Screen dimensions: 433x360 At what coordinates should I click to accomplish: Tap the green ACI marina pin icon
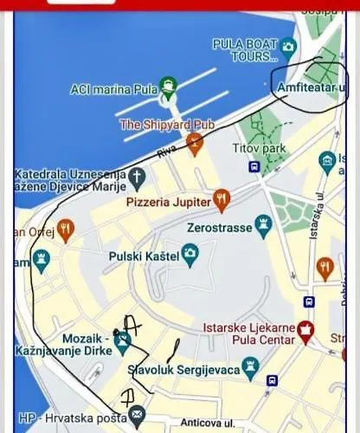[x=168, y=85]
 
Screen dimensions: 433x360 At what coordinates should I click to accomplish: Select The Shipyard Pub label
[x=166, y=125]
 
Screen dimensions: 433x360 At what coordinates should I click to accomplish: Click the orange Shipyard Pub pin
[x=195, y=140]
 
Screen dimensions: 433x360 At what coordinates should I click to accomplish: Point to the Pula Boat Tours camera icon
[x=288, y=46]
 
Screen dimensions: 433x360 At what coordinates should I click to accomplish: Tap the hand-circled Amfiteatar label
[x=310, y=88]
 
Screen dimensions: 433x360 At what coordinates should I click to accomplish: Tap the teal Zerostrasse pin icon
[x=264, y=226]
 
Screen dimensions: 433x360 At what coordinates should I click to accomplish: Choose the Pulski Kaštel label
[x=144, y=256]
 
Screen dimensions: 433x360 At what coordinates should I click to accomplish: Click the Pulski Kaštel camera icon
[x=190, y=255]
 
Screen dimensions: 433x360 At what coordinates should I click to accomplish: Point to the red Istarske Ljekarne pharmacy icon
[x=305, y=328]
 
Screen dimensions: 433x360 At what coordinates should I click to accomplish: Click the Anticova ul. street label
[x=209, y=423]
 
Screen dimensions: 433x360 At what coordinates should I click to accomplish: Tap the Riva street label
[x=166, y=153]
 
